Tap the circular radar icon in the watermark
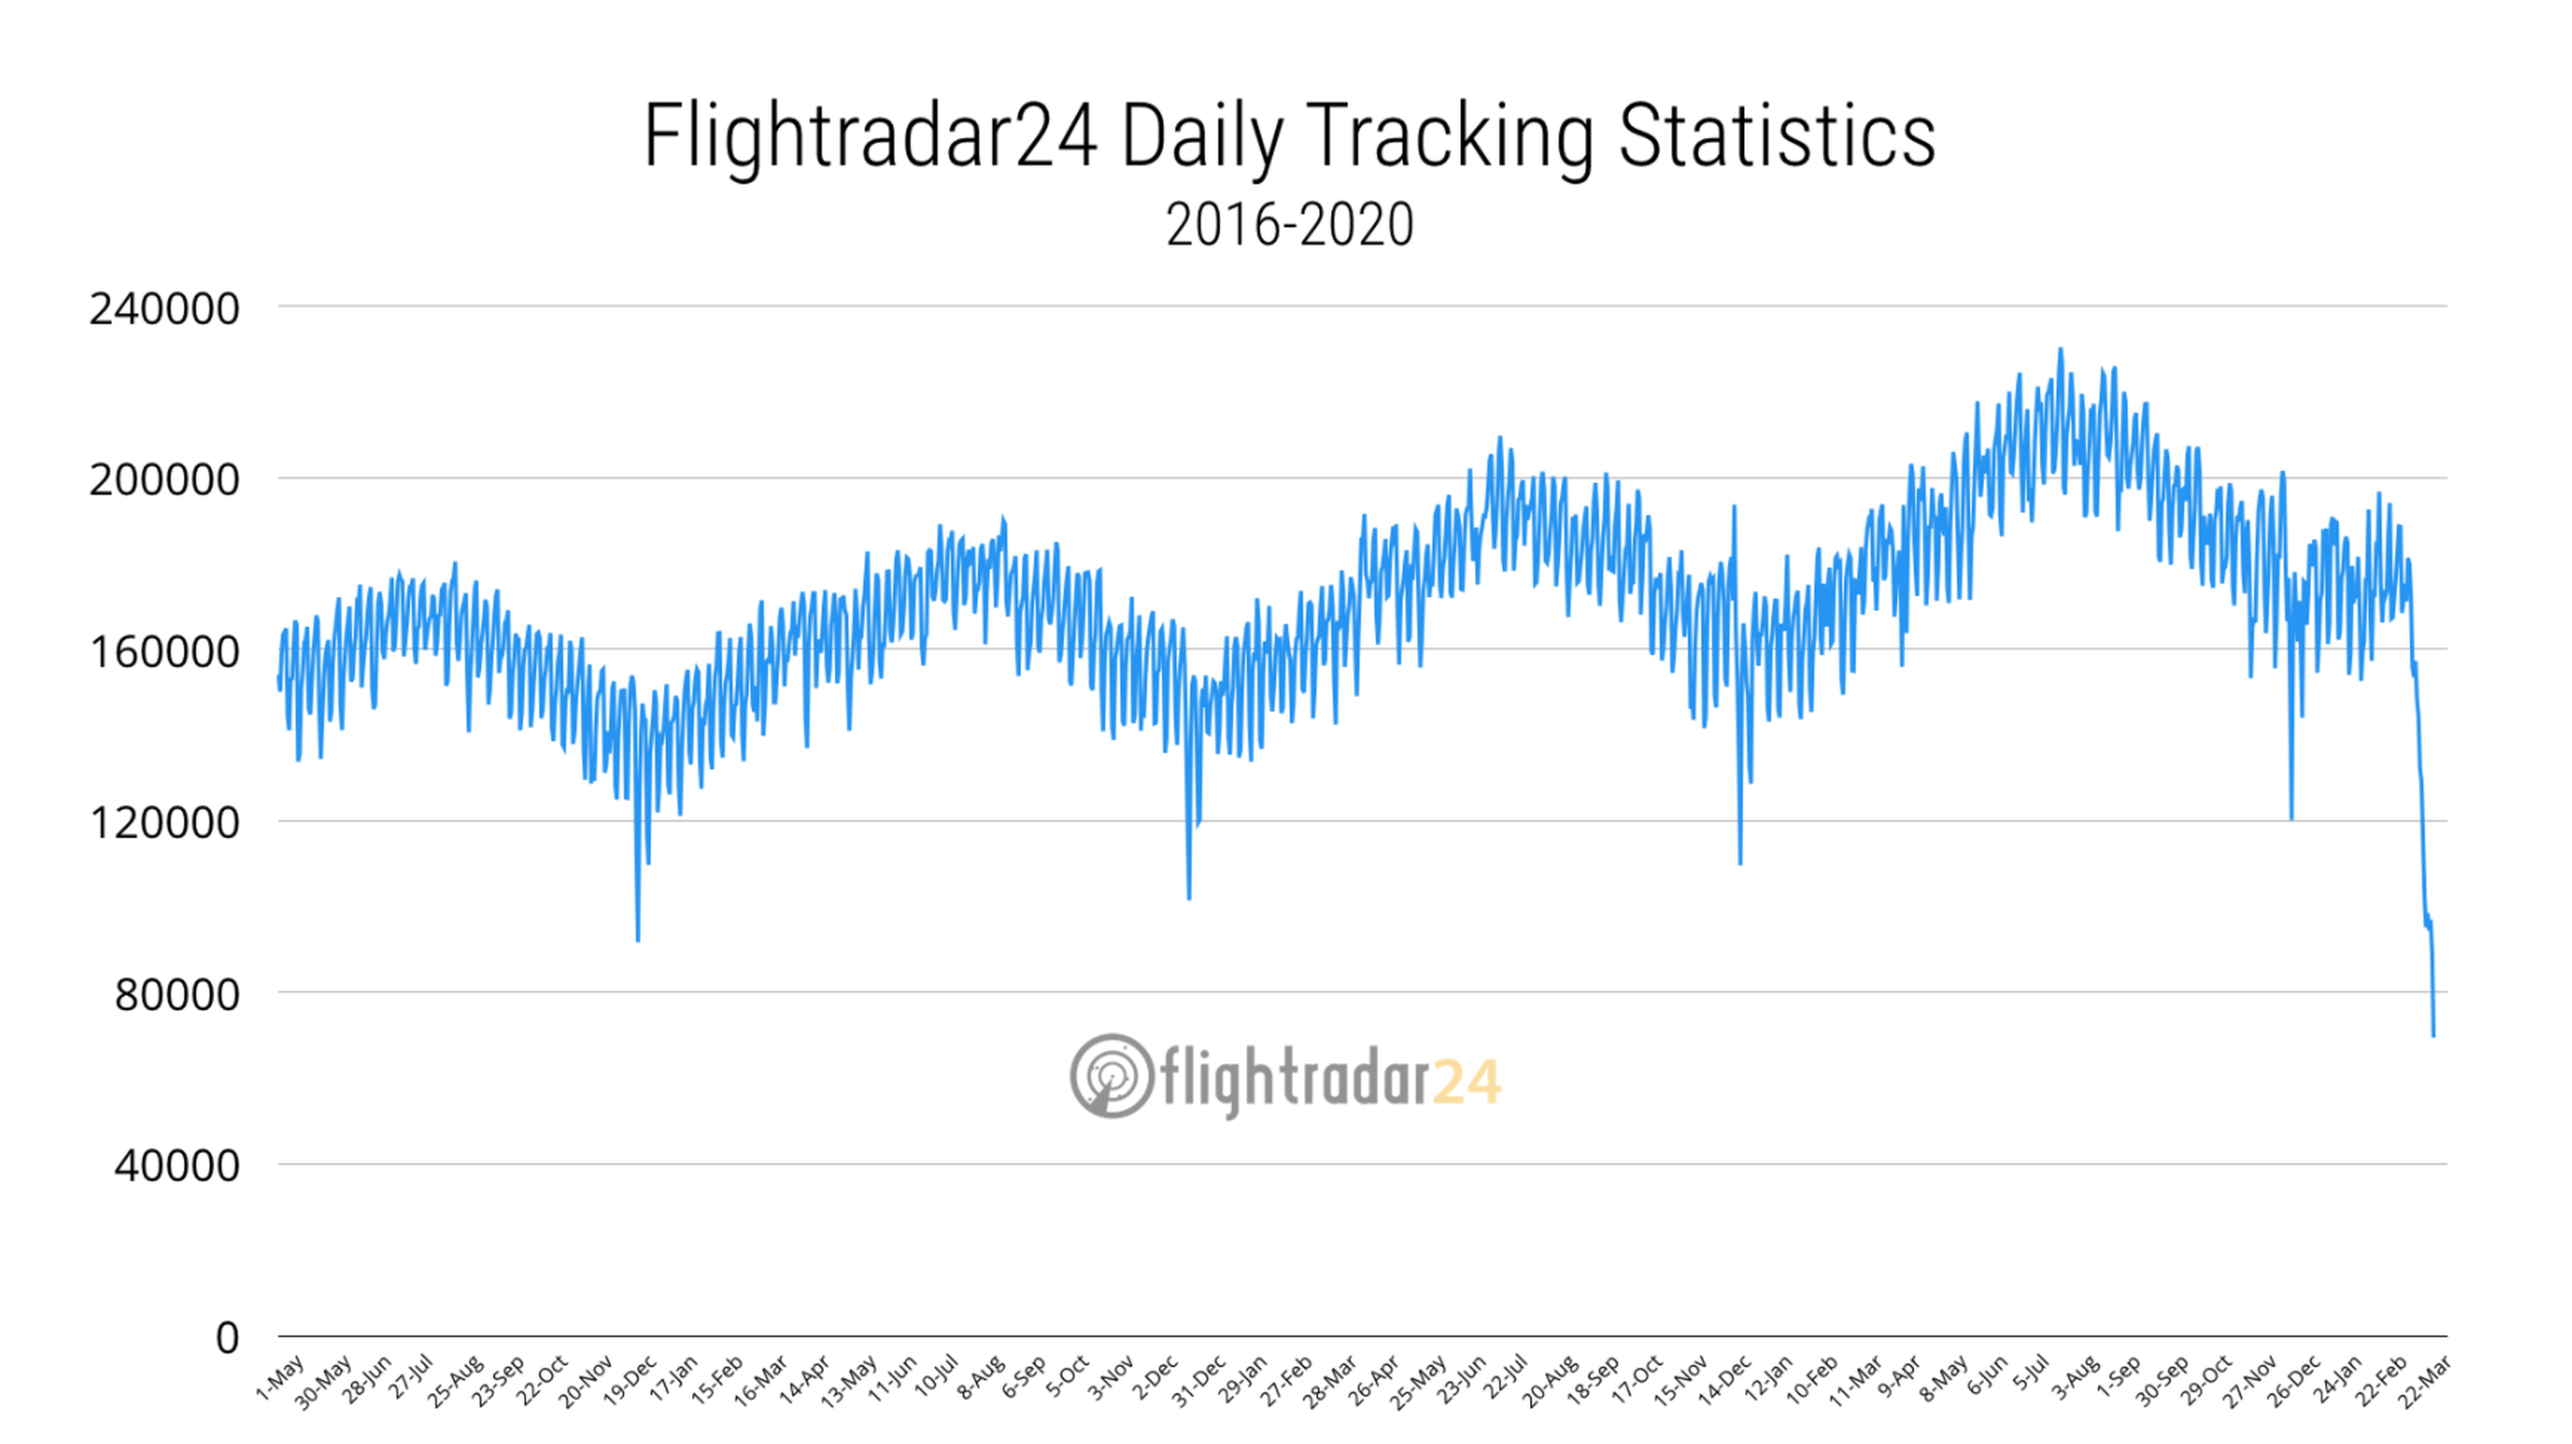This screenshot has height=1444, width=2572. point(1111,1076)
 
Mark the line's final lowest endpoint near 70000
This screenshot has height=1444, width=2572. point(2433,1035)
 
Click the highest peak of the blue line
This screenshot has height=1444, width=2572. point(2060,350)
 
